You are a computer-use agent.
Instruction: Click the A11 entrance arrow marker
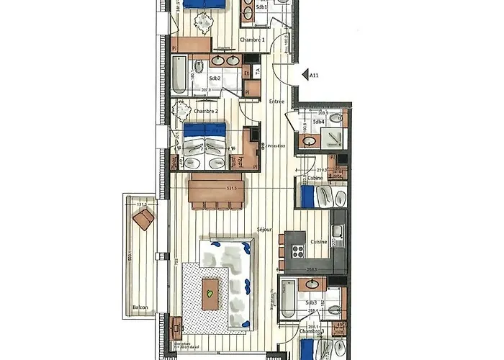coord(302,73)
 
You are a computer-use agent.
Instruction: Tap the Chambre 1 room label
coord(253,40)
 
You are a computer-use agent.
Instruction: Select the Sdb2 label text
coord(215,78)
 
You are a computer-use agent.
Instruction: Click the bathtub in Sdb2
coord(179,76)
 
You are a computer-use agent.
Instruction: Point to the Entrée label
coord(276,102)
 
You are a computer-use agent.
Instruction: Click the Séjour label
coord(264,230)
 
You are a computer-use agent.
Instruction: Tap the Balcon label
coord(140,307)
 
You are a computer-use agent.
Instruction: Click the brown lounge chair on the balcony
coord(143,220)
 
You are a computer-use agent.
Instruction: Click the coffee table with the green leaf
coord(210,292)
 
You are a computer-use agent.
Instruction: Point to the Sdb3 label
coord(312,303)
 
